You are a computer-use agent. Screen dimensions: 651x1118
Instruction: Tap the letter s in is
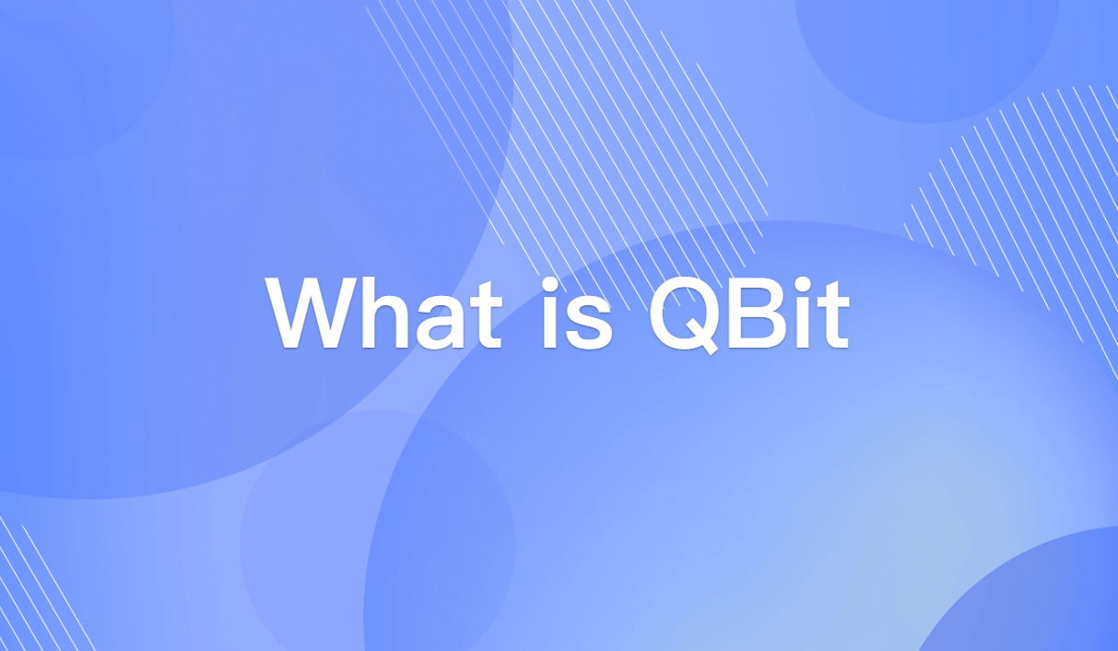591,319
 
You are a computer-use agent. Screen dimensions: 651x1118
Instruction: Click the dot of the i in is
549,280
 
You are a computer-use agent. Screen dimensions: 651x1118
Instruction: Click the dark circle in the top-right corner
926,51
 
